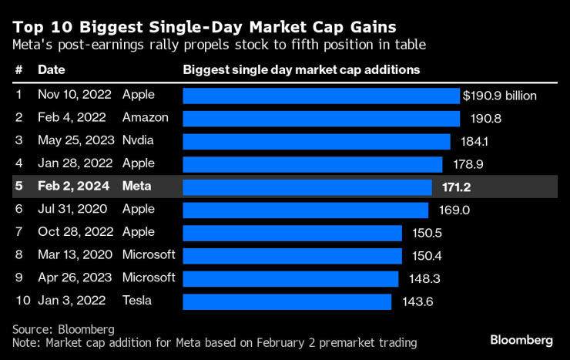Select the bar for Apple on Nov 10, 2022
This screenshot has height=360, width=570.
pyautogui.click(x=320, y=96)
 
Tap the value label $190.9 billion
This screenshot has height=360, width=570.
pyautogui.click(x=499, y=96)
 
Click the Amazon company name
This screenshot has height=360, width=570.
pyautogui.click(x=144, y=118)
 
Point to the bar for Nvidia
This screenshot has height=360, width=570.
pyautogui.click(x=316, y=141)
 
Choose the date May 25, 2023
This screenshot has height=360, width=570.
pyautogui.click(x=76, y=141)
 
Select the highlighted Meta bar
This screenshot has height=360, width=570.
pyautogui.click(x=307, y=187)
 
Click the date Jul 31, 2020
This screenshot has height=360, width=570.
pyautogui.click(x=74, y=210)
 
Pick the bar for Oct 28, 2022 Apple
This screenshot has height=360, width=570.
pyautogui.click(x=292, y=233)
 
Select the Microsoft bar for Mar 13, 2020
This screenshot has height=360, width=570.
pyautogui.click(x=292, y=255)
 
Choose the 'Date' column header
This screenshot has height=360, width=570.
pyautogui.click(x=51, y=69)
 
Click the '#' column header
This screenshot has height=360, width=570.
pyautogui.click(x=18, y=69)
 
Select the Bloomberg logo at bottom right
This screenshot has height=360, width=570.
pyautogui.click(x=521, y=340)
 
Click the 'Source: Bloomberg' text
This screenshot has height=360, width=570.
pyautogui.click(x=63, y=329)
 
